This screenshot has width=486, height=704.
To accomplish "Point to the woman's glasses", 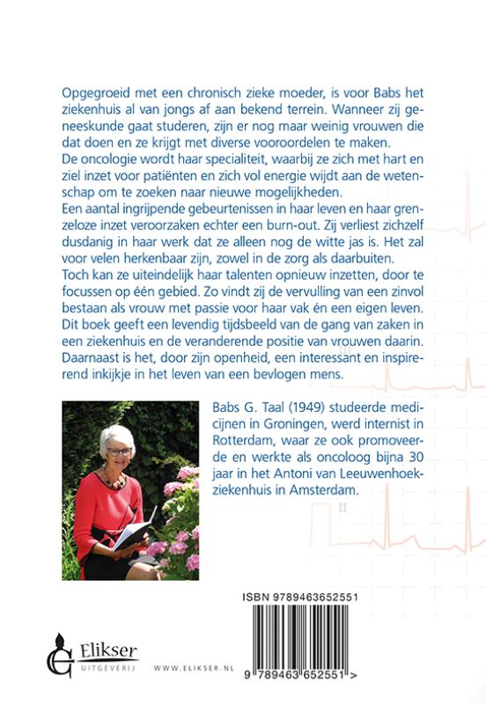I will (x=120, y=452).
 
